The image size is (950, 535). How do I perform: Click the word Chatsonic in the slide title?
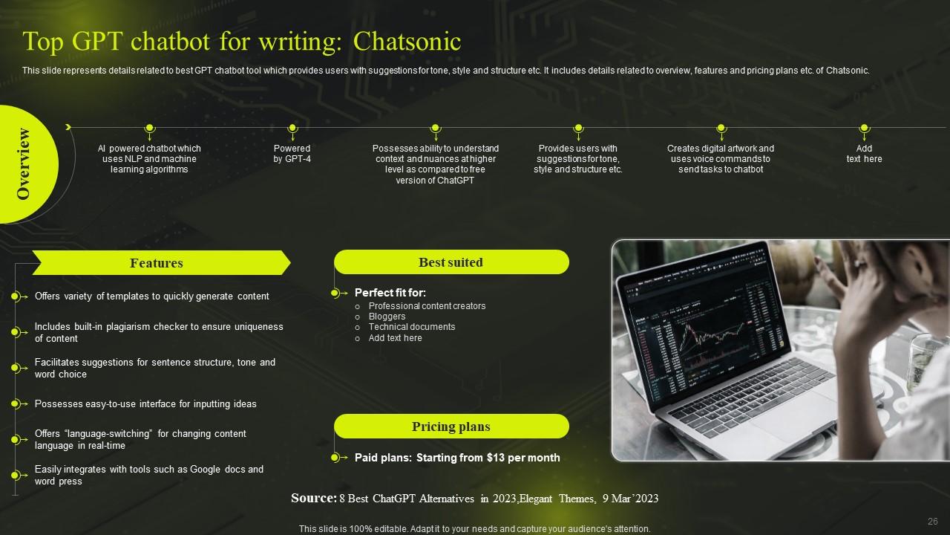click(x=407, y=42)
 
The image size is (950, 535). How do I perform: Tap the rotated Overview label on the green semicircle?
click(x=24, y=163)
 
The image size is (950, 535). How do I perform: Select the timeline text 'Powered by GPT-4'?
click(x=292, y=154)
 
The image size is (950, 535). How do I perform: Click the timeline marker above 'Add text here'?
click(x=864, y=129)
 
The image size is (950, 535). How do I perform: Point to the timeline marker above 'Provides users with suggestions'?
click(x=577, y=129)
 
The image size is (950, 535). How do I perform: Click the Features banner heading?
click(x=157, y=263)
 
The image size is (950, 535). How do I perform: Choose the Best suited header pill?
click(x=451, y=262)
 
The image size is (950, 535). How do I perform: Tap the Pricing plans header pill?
click(x=451, y=427)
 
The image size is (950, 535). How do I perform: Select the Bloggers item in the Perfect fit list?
click(x=387, y=317)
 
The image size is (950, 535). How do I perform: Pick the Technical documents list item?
click(x=412, y=327)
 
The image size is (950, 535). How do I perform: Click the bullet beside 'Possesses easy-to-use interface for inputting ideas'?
click(x=15, y=404)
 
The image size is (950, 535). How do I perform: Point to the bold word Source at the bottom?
click(x=312, y=499)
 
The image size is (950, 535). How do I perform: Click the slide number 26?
click(x=933, y=522)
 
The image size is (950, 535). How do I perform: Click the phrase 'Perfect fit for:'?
click(x=390, y=293)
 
